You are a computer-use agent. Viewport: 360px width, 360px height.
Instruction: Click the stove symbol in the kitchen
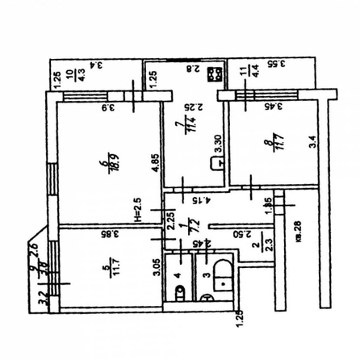(x=216, y=77)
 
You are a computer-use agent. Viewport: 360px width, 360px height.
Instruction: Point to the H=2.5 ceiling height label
(x=137, y=211)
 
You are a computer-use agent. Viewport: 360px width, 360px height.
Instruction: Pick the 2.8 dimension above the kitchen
(x=192, y=69)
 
